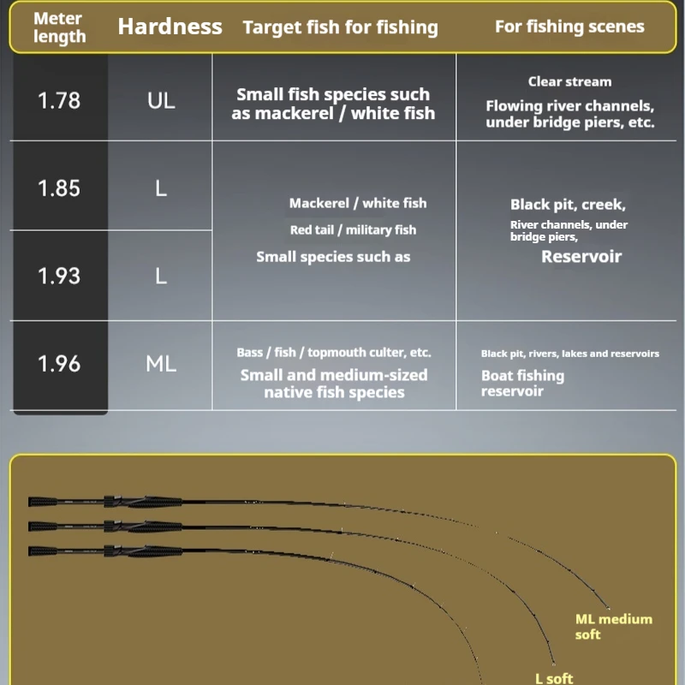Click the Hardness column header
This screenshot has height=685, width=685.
click(170, 27)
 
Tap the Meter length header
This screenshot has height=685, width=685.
click(59, 27)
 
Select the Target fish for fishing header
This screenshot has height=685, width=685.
click(340, 27)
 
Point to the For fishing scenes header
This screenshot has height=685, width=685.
click(569, 27)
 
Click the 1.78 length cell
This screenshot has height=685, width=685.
click(59, 100)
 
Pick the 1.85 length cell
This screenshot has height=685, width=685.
click(59, 188)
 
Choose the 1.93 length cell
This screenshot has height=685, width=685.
click(59, 276)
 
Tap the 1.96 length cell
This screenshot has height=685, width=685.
click(59, 363)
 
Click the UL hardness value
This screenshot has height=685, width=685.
click(161, 100)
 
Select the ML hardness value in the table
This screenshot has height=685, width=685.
click(161, 363)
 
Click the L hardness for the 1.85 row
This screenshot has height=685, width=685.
click(161, 188)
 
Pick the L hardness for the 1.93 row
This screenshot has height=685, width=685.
click(161, 276)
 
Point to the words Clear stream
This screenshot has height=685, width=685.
click(569, 81)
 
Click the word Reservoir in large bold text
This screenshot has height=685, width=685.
click(581, 256)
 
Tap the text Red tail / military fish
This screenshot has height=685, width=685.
click(353, 229)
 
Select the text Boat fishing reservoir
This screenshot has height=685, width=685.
click(522, 383)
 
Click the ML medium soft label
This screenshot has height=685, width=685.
click(613, 627)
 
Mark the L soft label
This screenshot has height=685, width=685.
click(554, 678)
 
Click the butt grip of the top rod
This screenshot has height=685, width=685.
click(43, 502)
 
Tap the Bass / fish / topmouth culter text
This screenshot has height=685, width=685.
click(334, 352)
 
